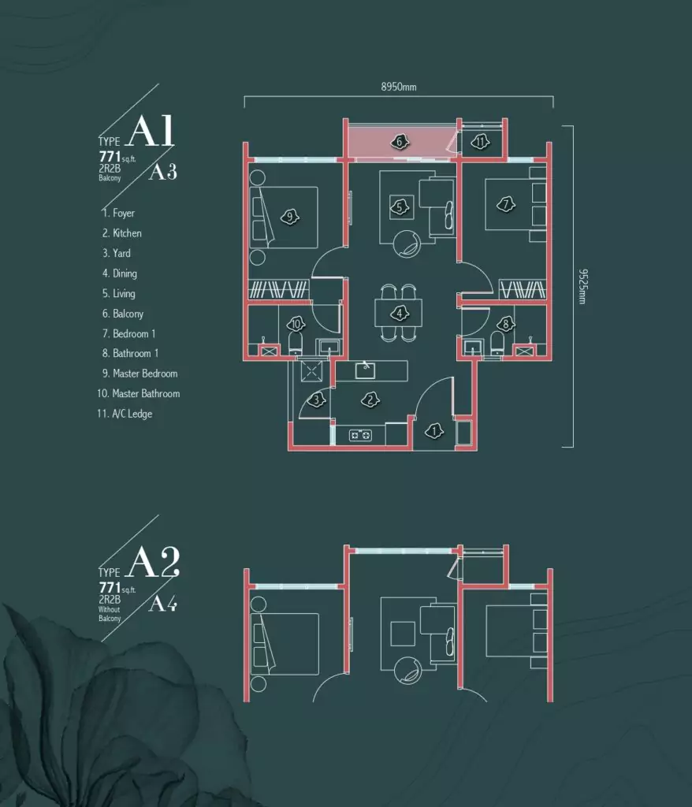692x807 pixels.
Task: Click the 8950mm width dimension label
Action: tap(399, 87)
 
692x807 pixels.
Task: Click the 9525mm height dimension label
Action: tap(582, 286)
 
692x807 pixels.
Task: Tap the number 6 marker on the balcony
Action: tap(399, 142)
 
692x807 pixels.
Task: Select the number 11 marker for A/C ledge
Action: tap(481, 141)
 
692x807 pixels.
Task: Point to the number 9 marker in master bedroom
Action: tap(290, 218)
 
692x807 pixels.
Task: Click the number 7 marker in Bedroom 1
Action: tap(506, 205)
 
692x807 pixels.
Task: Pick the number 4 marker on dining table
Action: tap(400, 313)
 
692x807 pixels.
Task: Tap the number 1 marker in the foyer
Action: tap(434, 431)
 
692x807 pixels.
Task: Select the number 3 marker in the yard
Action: tap(316, 400)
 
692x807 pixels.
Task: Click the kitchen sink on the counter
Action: tap(365, 370)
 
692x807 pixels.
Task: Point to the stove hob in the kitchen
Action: tap(360, 435)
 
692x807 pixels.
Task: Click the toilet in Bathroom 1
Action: tap(497, 342)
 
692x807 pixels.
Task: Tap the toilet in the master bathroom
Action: tap(296, 343)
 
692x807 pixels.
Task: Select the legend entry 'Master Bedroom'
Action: tap(140, 374)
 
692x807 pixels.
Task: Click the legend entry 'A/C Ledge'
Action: tap(125, 414)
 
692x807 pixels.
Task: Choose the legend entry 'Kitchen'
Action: tap(121, 233)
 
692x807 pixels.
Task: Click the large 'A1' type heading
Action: tap(151, 131)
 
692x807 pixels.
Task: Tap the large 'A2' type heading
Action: tap(153, 562)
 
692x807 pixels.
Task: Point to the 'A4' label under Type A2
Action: tap(162, 603)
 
